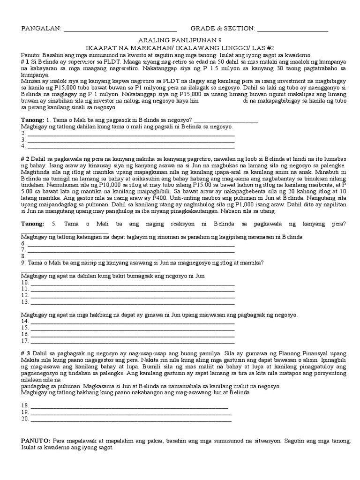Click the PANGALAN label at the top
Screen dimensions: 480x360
(x=41, y=29)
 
